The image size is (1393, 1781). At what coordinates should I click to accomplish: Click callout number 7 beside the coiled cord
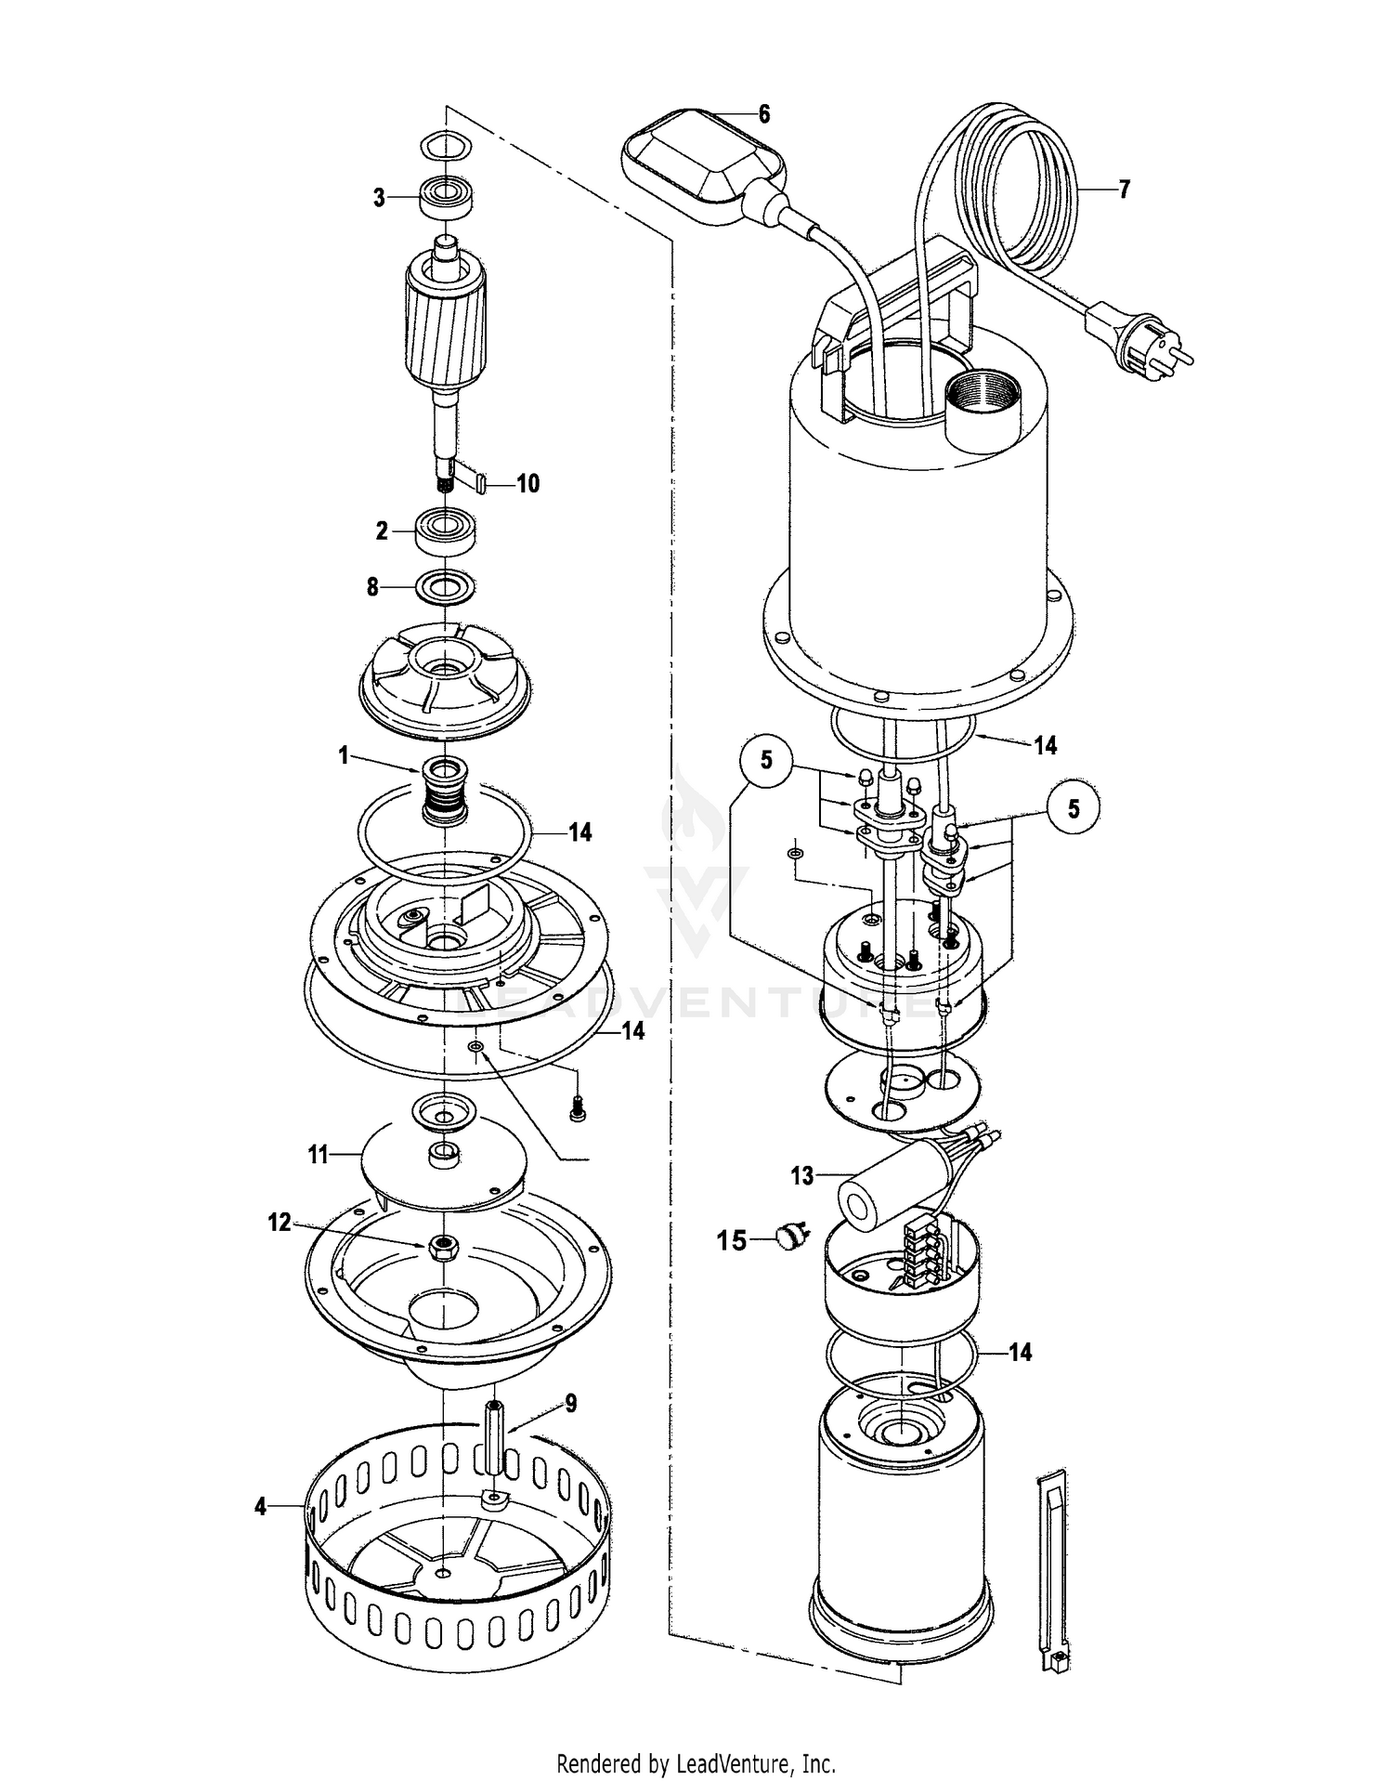(1124, 190)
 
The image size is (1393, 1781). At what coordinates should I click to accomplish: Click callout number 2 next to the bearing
(381, 531)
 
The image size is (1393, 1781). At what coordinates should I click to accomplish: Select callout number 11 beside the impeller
(319, 1155)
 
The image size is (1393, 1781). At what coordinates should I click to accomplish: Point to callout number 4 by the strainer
(260, 1507)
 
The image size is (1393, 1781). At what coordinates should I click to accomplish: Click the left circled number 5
(766, 760)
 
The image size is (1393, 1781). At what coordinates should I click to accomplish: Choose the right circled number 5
(1074, 808)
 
